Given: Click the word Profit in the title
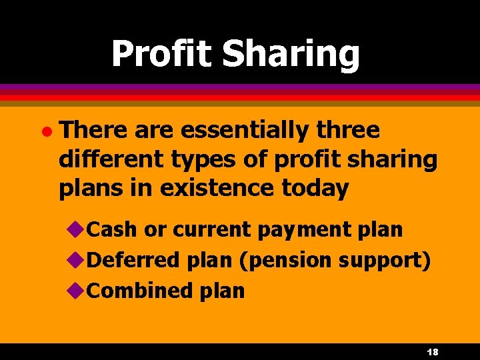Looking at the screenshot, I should (x=162, y=54).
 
